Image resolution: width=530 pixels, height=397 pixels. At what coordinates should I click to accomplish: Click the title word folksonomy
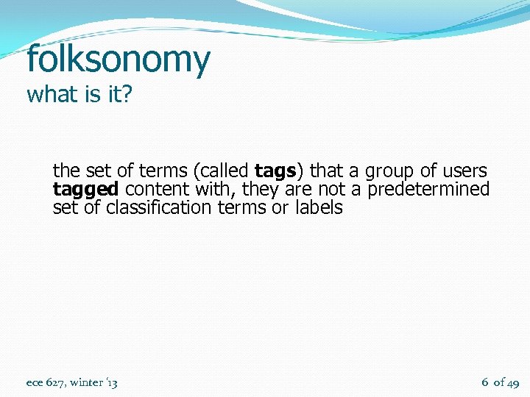pos(118,60)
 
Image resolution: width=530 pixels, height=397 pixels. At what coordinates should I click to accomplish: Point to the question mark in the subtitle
pos(125,96)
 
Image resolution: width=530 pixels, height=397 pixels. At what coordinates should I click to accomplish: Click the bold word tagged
pos(85,190)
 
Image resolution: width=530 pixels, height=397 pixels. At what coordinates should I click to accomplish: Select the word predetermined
pos(428,190)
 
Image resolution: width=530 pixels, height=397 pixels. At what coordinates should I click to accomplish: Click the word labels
pos(319,207)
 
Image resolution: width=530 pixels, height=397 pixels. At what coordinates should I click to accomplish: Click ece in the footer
pos(35,382)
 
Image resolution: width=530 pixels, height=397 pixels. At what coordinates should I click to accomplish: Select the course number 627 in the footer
pos(55,382)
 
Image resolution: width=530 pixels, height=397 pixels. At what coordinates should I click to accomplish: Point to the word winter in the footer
pos(86,382)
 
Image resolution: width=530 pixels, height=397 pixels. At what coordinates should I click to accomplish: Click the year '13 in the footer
pos(111,382)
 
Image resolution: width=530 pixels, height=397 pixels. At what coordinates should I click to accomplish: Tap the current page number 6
pos(485,382)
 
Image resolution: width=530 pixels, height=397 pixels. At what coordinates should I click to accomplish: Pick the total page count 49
pos(514,382)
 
